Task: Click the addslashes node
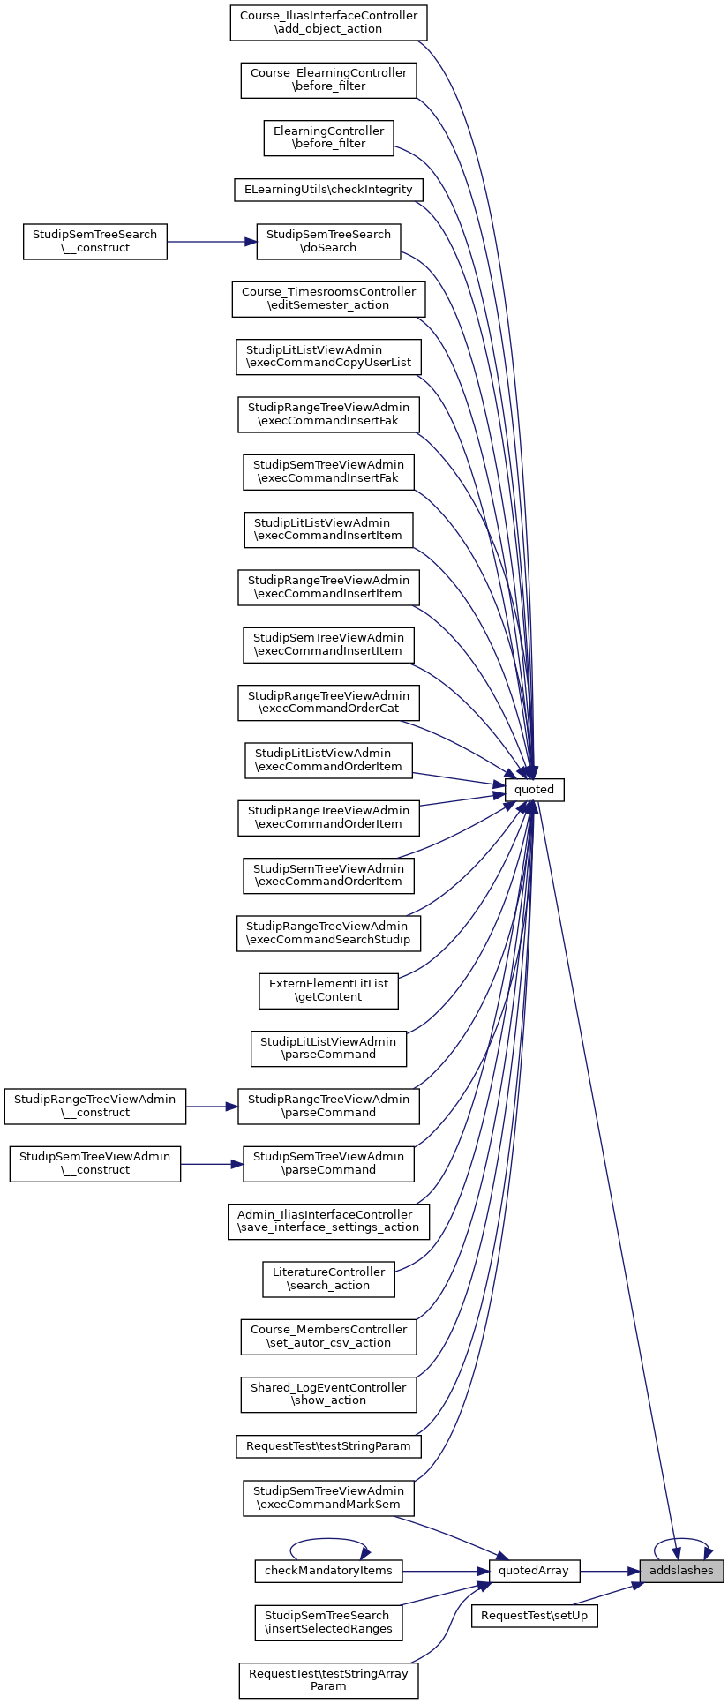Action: pyautogui.click(x=681, y=1571)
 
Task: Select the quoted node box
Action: pyautogui.click(x=534, y=789)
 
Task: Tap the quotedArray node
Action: pyautogui.click(x=535, y=1571)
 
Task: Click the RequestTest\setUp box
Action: pyautogui.click(x=535, y=1617)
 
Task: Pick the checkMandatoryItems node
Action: pyautogui.click(x=328, y=1571)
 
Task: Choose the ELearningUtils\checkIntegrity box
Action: pyautogui.click(x=328, y=189)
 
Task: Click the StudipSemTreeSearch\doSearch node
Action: pyautogui.click(x=328, y=241)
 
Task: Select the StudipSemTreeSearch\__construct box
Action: pyautogui.click(x=94, y=241)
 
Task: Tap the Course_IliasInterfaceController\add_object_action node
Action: pyautogui.click(x=328, y=22)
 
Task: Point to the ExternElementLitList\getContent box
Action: pyautogui.click(x=328, y=990)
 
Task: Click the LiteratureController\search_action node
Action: pyautogui.click(x=328, y=1279)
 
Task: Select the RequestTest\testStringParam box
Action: pyautogui.click(x=328, y=1446)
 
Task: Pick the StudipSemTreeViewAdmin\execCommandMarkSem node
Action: pyautogui.click(x=328, y=1498)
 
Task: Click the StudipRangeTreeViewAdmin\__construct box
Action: pyautogui.click(x=94, y=1106)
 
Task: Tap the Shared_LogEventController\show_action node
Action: pyautogui.click(x=328, y=1393)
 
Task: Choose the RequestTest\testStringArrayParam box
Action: pyautogui.click(x=328, y=1679)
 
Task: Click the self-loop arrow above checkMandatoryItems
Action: pyautogui.click(x=328, y=1539)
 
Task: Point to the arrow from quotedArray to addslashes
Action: pyautogui.click(x=609, y=1571)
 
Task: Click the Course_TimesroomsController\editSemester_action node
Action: pyautogui.click(x=328, y=298)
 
